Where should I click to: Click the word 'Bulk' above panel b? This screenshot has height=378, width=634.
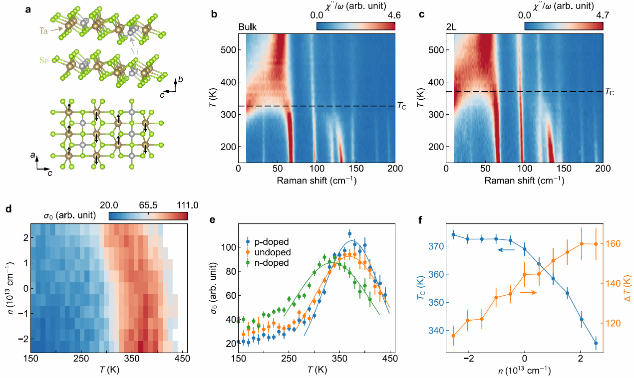(248, 27)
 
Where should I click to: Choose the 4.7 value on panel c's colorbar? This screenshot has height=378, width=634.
(597, 15)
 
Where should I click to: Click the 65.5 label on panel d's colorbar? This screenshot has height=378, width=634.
(148, 205)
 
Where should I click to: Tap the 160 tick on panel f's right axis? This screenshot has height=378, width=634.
(614, 244)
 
